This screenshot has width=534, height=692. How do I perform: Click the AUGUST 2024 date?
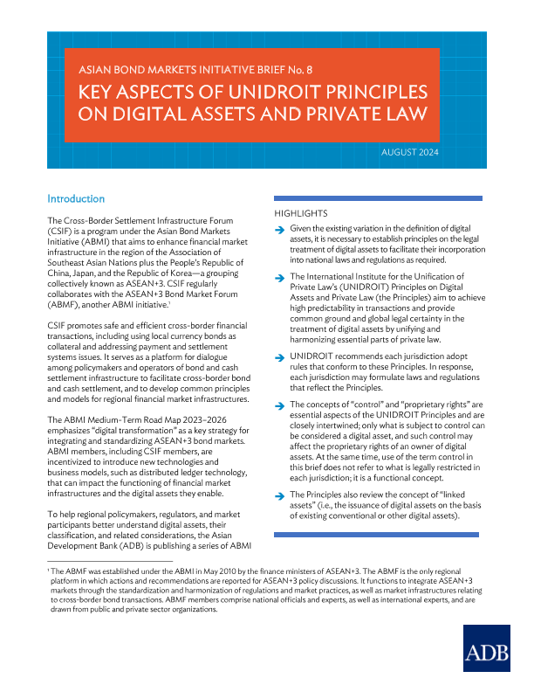click(x=410, y=153)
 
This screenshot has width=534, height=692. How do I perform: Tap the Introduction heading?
click(x=76, y=199)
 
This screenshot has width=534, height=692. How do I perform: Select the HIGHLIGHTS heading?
click(x=302, y=213)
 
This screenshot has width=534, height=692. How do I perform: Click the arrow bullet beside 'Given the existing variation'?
click(x=279, y=230)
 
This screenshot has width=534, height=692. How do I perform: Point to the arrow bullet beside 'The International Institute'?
click(x=279, y=277)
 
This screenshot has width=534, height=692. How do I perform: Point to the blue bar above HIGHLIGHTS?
click(x=360, y=199)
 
